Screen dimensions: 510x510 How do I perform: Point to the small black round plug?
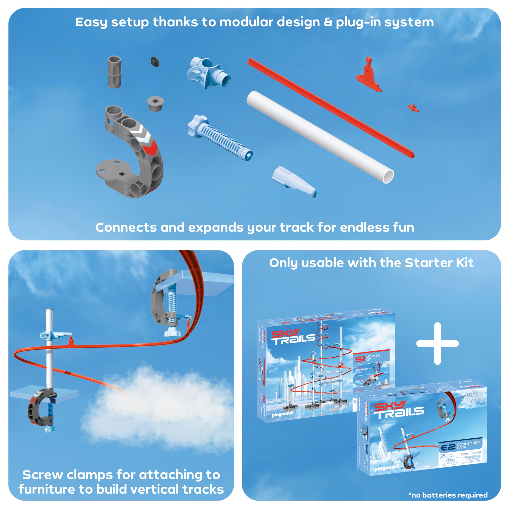pos(155,62)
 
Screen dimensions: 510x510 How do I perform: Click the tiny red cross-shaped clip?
pos(413,108)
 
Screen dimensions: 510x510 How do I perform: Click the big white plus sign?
pos(437,343)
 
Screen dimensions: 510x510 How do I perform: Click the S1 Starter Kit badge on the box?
pos(367,358)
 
